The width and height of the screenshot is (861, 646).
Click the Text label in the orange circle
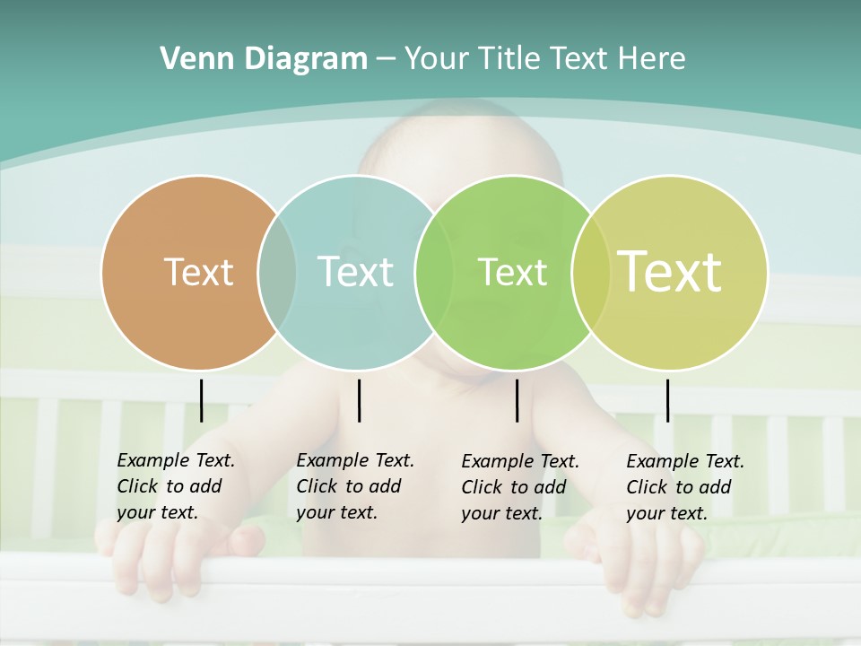point(198,272)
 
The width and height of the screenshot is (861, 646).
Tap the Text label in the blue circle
point(355,272)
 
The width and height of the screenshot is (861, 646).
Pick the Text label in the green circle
point(512,272)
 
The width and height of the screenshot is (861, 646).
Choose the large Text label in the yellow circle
point(670,272)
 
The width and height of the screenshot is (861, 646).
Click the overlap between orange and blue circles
point(277,273)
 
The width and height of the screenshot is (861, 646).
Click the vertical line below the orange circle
point(202,400)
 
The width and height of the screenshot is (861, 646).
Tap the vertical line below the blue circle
point(359,400)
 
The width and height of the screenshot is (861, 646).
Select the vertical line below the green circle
point(517,400)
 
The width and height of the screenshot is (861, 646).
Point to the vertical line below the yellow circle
point(667,400)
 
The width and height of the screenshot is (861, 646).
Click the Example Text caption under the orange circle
point(175,486)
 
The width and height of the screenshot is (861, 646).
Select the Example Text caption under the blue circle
point(354,486)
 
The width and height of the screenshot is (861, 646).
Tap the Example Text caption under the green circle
point(519,487)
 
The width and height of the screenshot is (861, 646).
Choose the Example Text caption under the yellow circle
point(684,487)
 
